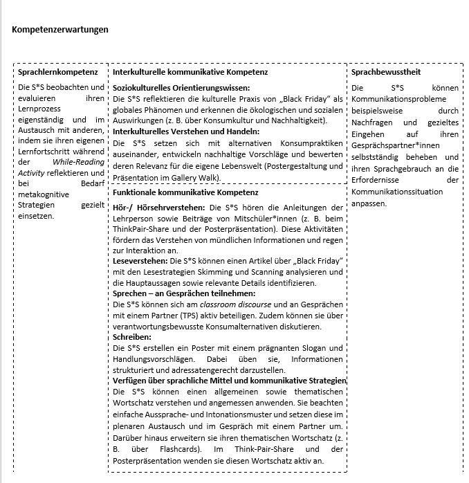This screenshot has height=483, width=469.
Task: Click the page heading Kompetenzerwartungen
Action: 60,30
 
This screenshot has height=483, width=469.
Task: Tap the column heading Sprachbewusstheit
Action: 386,72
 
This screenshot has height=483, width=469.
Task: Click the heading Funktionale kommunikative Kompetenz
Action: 185,192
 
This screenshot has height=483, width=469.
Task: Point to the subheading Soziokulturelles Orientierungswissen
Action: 181,88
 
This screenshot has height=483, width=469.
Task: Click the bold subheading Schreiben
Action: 132,336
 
